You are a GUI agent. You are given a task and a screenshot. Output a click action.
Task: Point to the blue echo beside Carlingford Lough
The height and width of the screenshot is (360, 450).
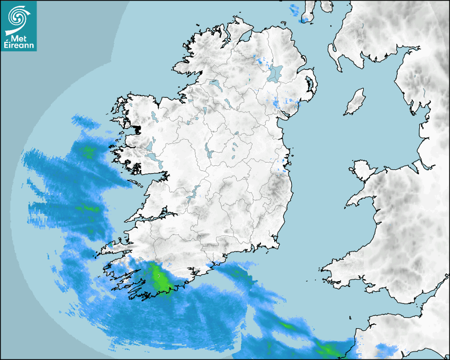tap(276, 103)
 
